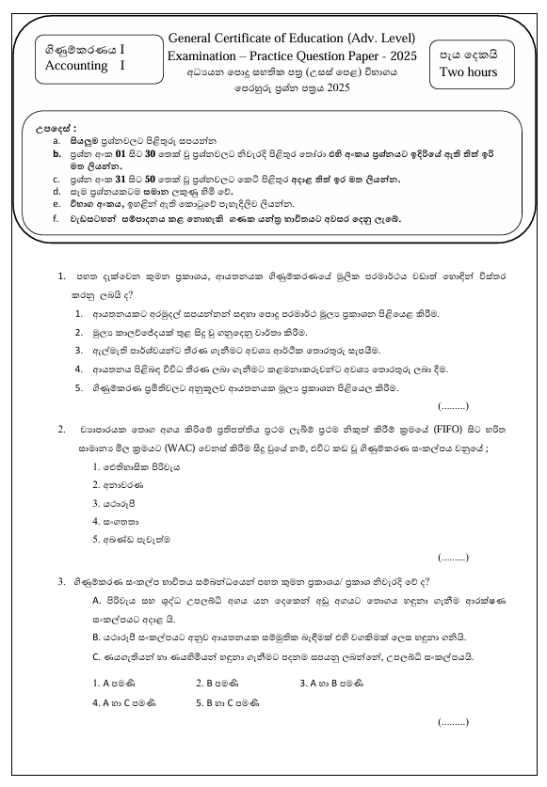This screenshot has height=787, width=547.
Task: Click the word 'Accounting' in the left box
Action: (x=78, y=66)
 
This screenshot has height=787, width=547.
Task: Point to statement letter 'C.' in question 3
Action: (x=97, y=655)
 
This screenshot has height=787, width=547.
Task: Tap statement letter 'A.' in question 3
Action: (x=97, y=599)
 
